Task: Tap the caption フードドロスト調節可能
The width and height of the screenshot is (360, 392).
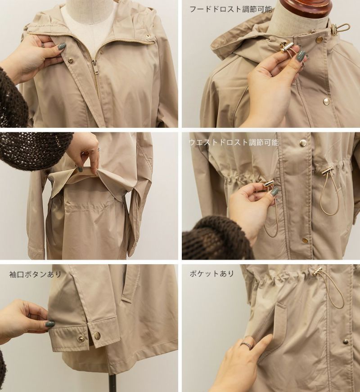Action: pos(231,9)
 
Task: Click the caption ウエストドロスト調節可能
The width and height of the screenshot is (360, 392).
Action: pos(234,143)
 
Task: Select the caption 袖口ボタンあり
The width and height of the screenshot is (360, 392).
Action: pos(35,274)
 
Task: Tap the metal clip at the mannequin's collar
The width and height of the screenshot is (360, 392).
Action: pos(341,28)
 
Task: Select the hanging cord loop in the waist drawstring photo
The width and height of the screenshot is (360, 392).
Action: pos(329,195)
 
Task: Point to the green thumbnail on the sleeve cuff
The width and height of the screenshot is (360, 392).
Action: pos(51,324)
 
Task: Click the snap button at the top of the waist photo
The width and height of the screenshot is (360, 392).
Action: pos(303,143)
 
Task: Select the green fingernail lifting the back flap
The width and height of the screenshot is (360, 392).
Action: pos(80,169)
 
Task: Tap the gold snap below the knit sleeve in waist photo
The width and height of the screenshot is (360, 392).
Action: pos(305,240)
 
